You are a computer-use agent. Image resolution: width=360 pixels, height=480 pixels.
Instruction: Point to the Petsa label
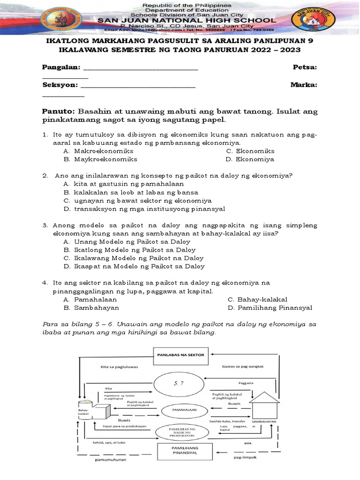tap(304, 67)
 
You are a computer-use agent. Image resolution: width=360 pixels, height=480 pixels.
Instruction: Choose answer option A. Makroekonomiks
tap(98, 151)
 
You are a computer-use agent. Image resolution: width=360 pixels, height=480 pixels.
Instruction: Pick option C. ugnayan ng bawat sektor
tap(137, 200)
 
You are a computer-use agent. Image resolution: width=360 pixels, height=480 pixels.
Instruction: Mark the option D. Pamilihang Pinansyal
tap(270, 308)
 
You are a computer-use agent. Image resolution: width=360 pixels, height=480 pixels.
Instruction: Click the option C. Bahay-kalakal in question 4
tap(257, 299)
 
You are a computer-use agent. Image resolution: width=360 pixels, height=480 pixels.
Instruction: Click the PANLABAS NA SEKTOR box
tap(180, 355)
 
